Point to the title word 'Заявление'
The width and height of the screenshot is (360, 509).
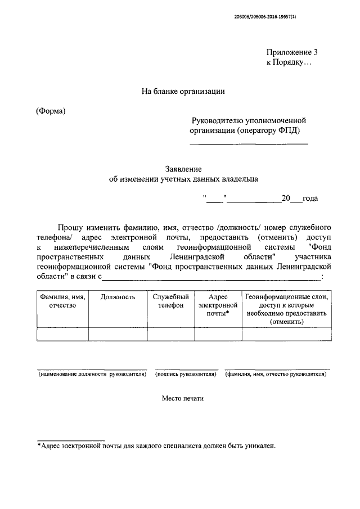(183, 169)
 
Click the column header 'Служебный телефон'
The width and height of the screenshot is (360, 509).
(170, 301)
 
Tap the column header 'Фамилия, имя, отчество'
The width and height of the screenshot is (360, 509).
(62, 301)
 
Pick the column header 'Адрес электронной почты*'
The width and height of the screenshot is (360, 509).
(218, 305)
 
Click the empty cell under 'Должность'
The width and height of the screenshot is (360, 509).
(118, 334)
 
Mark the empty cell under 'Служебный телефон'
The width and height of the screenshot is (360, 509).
(170, 334)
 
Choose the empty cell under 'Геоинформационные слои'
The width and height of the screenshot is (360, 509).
(286, 334)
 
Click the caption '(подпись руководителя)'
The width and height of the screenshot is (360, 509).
(186, 373)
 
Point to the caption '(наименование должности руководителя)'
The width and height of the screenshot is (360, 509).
(92, 373)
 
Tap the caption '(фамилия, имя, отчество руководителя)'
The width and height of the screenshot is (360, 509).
(276, 373)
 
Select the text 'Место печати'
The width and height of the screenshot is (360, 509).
(183, 398)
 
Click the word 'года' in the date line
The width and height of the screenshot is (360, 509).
(310, 199)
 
